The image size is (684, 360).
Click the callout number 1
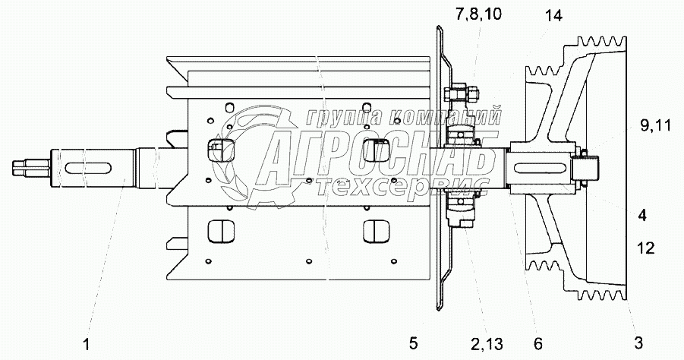click(87, 344)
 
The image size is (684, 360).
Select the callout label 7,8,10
click(478, 14)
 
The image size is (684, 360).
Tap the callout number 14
click(553, 16)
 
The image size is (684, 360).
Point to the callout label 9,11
click(654, 126)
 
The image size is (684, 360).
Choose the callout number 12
click(645, 248)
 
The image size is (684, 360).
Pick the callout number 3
click(638, 343)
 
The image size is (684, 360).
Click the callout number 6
click(538, 343)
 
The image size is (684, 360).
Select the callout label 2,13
click(487, 344)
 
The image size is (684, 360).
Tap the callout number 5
click(413, 343)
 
